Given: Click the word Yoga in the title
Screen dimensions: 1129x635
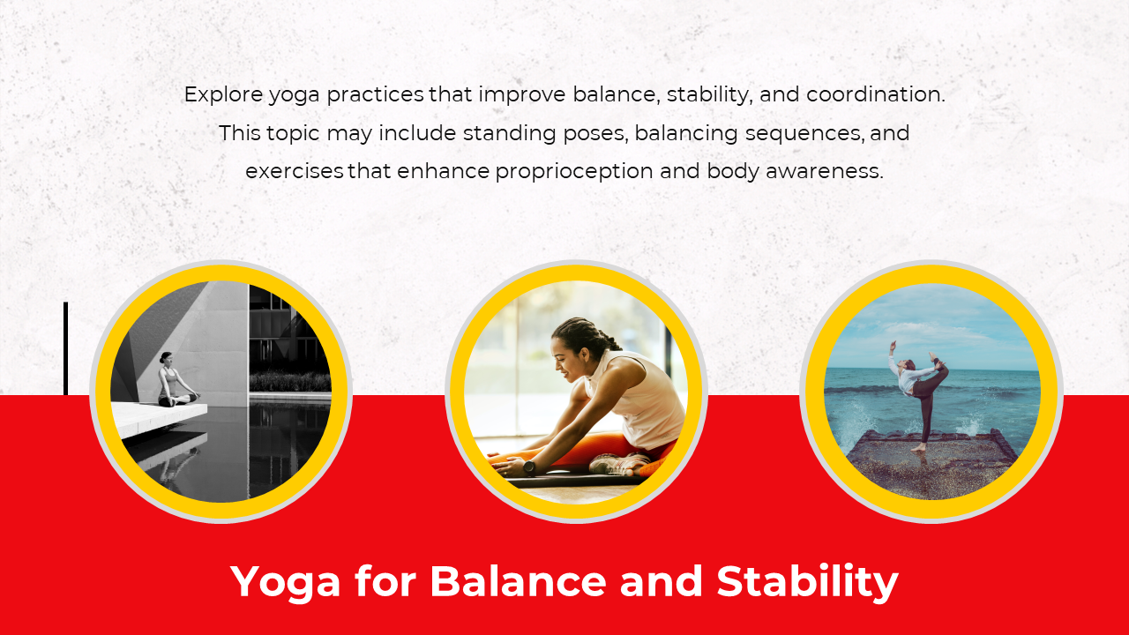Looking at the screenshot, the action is [x=285, y=583].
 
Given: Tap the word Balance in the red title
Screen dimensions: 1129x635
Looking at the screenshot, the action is [x=518, y=581].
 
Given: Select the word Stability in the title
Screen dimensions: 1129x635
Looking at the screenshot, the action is [x=807, y=583].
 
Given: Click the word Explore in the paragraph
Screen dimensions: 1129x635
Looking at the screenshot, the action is [x=224, y=95].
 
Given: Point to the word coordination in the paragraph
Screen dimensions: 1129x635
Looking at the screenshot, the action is [x=876, y=94].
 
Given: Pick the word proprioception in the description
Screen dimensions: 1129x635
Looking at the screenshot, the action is [x=574, y=172].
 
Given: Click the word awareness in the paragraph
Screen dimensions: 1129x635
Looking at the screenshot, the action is [x=825, y=171].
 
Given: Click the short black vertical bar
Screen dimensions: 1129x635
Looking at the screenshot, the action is [x=65, y=348].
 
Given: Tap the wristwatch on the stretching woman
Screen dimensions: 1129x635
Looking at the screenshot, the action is [x=528, y=467].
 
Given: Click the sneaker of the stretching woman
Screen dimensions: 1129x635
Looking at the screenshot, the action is [x=617, y=464].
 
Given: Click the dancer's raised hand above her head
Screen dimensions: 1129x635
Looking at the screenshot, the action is [x=893, y=345].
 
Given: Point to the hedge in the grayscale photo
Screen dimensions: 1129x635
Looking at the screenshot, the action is [x=290, y=382].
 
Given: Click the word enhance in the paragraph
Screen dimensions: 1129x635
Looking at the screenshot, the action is [x=444, y=171].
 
